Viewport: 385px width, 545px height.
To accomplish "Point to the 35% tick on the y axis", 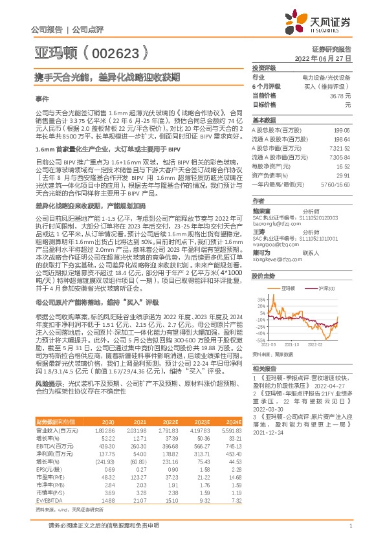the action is [261, 300].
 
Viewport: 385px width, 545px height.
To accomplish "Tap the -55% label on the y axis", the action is [260, 339].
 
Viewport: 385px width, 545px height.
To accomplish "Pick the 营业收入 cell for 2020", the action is [105, 447].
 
